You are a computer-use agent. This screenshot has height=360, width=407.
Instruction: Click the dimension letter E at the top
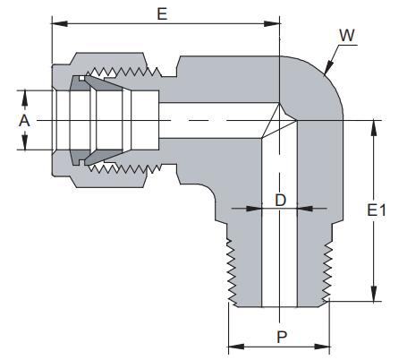(162, 14)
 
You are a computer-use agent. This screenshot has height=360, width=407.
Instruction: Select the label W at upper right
(347, 35)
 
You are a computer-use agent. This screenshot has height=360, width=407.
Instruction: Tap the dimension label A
(24, 121)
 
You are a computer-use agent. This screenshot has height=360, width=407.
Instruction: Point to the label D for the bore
(280, 200)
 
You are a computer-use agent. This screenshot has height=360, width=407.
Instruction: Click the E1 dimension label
(377, 210)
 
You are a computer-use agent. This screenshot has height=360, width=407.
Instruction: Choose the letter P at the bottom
(282, 337)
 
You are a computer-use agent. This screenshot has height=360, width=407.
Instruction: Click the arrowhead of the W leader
(328, 67)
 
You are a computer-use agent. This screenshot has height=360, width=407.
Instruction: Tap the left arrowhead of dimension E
(60, 24)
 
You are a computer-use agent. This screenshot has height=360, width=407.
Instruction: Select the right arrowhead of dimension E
(272, 24)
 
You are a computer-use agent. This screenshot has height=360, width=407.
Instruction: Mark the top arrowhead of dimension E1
(374, 128)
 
